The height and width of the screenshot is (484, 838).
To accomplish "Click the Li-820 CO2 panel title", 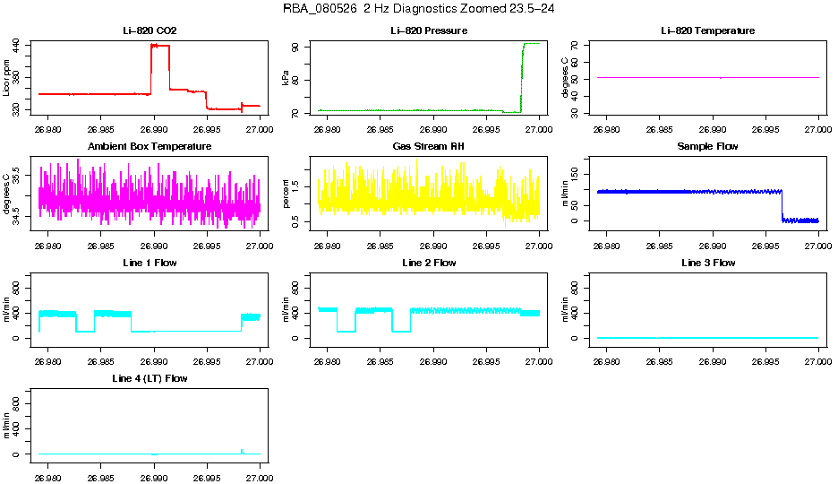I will click(x=150, y=31).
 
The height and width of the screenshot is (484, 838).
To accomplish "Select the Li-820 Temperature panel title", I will click(x=707, y=31).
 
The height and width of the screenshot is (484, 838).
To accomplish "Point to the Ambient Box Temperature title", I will click(x=150, y=147).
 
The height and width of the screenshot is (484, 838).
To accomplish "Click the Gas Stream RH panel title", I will click(x=429, y=147).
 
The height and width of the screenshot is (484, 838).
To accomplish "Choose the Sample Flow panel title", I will click(x=707, y=147).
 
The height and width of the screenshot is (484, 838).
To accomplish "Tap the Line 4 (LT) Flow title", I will click(x=150, y=379).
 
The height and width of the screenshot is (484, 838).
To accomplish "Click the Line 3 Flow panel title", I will click(x=707, y=264).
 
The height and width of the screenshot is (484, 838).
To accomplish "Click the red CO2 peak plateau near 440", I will click(x=160, y=45).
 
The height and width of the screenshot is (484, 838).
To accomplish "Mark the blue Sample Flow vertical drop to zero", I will click(x=782, y=205).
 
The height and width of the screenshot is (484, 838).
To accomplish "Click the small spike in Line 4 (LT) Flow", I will click(x=242, y=450).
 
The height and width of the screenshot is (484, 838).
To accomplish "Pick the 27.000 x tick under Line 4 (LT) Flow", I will click(x=260, y=467).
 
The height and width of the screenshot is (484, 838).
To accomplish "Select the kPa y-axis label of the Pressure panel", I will click(x=286, y=79).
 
